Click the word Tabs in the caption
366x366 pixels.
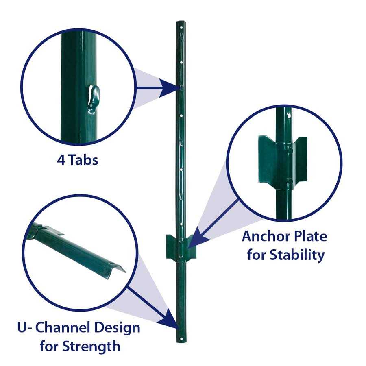(83, 160)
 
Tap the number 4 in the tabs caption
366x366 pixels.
(61, 160)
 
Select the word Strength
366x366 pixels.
(91, 346)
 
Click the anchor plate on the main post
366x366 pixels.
(181, 248)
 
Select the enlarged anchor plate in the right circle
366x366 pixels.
(282, 160)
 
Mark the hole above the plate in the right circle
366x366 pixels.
(288, 115)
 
